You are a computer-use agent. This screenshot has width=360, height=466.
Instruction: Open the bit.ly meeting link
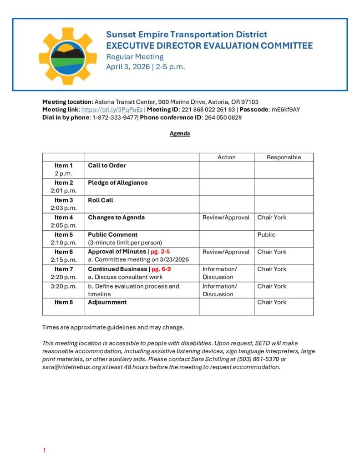pos(112,110)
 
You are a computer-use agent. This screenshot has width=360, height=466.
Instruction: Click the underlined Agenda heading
pos(180,134)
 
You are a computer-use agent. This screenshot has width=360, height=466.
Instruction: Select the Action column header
pos(226,157)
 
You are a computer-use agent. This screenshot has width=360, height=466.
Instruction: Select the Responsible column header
pos(284,157)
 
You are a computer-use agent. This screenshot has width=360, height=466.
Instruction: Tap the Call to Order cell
pos(107,166)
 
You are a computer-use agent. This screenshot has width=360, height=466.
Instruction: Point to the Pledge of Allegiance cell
pos(117,183)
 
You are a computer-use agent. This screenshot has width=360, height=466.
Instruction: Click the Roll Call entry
pos(101,200)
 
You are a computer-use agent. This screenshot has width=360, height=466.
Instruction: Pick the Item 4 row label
pos(64,218)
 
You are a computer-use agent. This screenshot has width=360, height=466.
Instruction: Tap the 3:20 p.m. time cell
pos(64,286)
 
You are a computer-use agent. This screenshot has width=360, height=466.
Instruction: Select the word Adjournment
pos(107,302)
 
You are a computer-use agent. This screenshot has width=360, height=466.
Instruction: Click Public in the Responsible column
pos(266,235)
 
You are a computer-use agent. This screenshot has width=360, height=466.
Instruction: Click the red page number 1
pos(44,451)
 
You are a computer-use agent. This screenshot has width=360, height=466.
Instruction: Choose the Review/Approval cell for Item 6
pos(226,252)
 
